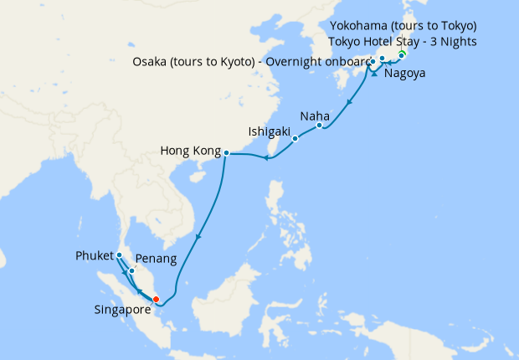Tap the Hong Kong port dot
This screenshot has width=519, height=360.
pyautogui.click(x=226, y=152)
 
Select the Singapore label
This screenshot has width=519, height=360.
pyautogui.click(x=121, y=309)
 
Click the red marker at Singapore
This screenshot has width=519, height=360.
pyautogui.click(x=156, y=299)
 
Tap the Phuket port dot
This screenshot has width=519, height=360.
pyautogui.click(x=120, y=255)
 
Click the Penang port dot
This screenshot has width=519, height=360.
pyautogui.click(x=132, y=270)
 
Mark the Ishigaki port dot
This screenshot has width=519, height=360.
pyautogui.click(x=295, y=139)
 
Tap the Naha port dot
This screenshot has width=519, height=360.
pyautogui.click(x=320, y=126)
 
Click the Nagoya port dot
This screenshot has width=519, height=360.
pyautogui.click(x=382, y=59)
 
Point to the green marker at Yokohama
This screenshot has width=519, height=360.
pyautogui.click(x=402, y=56)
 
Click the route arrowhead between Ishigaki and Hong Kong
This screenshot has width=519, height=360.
pyautogui.click(x=265, y=157)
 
